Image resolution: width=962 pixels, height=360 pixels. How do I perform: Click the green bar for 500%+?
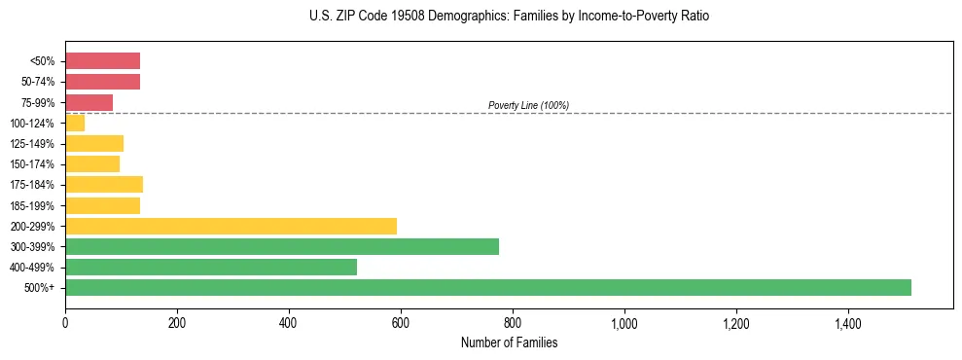[x=487, y=287]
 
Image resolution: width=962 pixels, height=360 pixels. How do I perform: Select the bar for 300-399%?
[x=281, y=246]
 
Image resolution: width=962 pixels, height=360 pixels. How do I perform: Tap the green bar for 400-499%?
[x=210, y=267]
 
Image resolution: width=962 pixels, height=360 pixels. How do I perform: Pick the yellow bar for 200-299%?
[x=231, y=226]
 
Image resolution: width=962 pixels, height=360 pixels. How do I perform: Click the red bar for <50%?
[x=102, y=60]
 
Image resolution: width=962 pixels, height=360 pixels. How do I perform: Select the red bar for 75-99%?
[x=89, y=102]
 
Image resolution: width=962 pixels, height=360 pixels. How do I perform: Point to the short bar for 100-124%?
[x=75, y=123]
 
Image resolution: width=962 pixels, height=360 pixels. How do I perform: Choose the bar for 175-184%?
[x=103, y=184]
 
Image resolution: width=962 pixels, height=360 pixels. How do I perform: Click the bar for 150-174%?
[x=91, y=163]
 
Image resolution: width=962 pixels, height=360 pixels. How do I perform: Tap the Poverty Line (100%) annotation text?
[x=528, y=105]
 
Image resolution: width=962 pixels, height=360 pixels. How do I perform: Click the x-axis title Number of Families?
[x=509, y=342]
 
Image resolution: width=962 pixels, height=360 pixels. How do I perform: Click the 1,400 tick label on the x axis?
[x=847, y=322]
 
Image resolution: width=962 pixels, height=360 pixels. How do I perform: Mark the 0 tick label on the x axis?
[x=65, y=322]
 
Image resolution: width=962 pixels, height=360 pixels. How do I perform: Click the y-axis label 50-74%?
[x=39, y=82]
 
